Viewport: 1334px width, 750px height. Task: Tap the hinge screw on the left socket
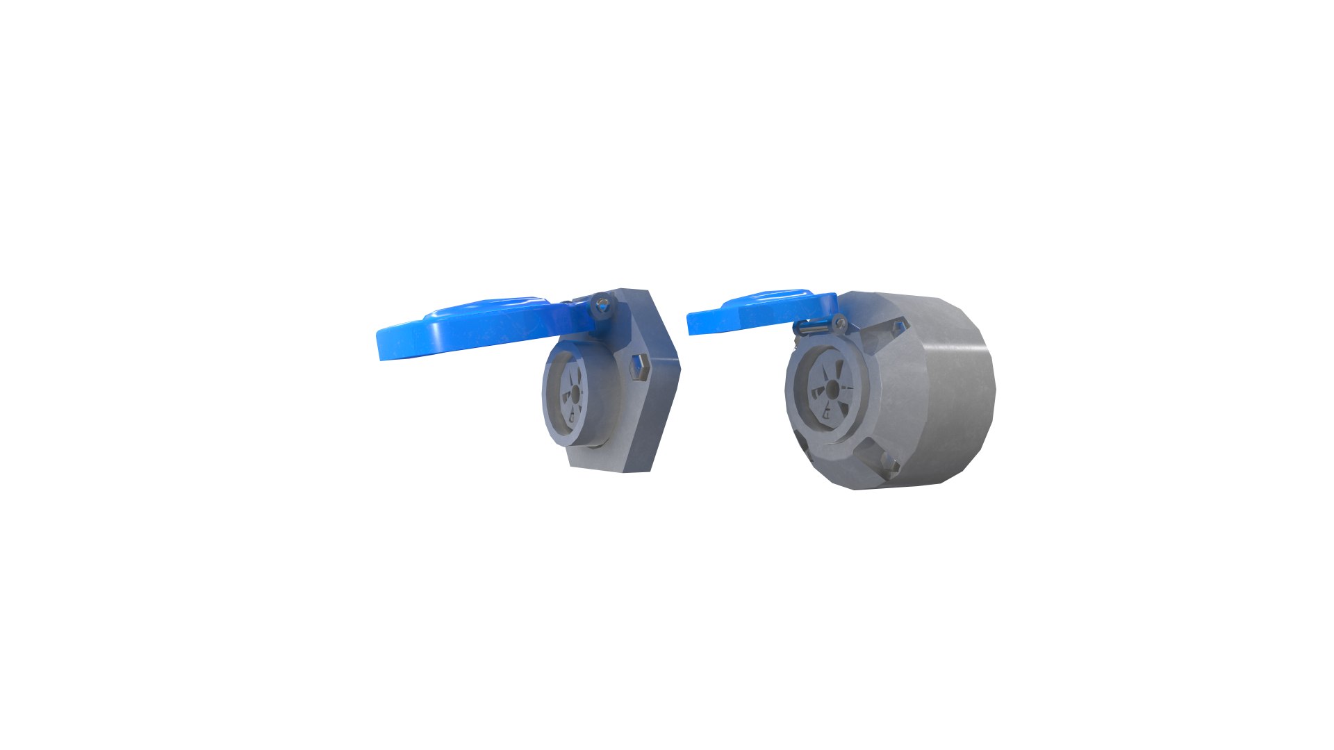tap(603, 305)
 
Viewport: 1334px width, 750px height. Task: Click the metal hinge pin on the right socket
tap(809, 327)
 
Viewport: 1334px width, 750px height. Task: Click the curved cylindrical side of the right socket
tap(945, 389)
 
